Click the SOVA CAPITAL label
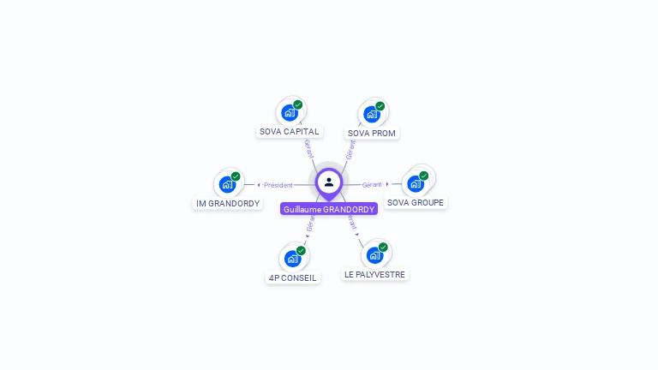tap(290, 132)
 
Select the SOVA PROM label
tap(372, 133)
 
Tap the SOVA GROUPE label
tap(416, 203)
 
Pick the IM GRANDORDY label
tap(228, 204)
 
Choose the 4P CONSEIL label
tap(292, 277)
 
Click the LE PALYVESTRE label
tap(375, 275)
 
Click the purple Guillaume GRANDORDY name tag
tap(329, 209)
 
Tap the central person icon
tap(329, 182)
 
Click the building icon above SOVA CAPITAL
tap(290, 112)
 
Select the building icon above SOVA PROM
tap(372, 113)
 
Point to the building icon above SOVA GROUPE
tap(416, 183)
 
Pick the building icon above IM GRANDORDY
tap(227, 183)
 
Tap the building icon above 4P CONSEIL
tap(292, 258)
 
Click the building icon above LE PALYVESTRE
tap(374, 254)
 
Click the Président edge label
tap(278, 185)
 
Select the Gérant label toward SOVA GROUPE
tap(372, 185)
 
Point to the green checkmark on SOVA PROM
tap(380, 106)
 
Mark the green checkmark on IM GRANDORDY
tap(236, 176)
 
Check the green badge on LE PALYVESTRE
tap(383, 248)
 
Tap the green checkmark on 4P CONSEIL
tap(301, 251)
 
